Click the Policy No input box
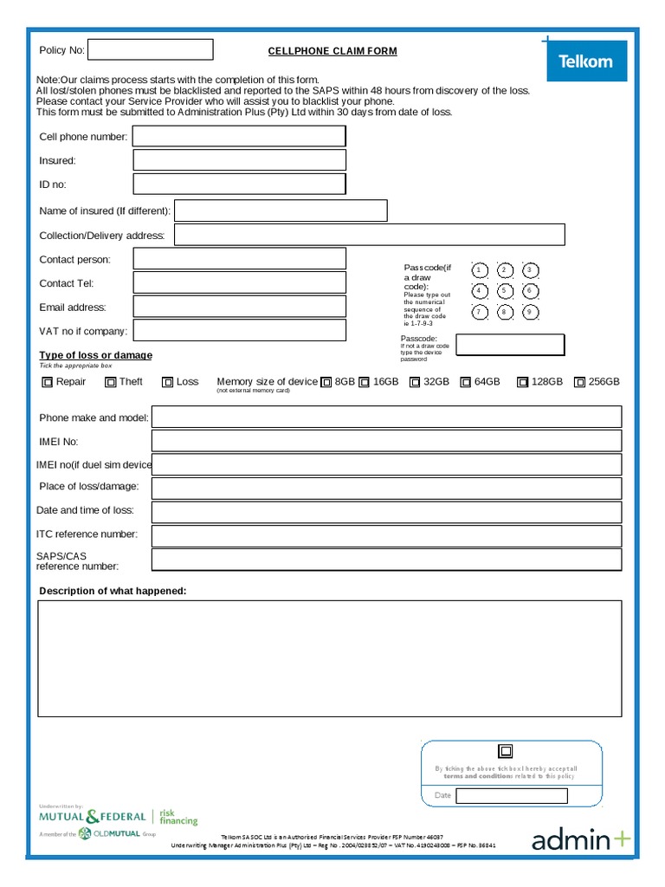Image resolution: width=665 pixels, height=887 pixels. [x=151, y=49]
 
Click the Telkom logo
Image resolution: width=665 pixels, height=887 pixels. [x=585, y=62]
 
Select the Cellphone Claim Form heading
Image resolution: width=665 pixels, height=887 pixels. [x=332, y=51]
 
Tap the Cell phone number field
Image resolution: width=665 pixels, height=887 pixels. [x=239, y=136]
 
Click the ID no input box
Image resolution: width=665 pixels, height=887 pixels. [x=239, y=184]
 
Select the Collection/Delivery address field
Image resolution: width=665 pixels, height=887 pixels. [x=370, y=235]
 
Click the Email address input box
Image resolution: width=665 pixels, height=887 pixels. [x=239, y=307]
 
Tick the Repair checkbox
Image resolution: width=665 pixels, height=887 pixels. [x=48, y=382]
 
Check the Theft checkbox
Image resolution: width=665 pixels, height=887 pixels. [x=111, y=382]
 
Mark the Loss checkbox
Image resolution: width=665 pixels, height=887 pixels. [x=168, y=382]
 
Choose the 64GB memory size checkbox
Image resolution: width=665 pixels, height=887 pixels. [x=466, y=382]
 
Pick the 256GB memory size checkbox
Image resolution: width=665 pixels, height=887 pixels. [x=579, y=382]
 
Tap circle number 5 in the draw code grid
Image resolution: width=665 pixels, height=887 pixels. [x=506, y=291]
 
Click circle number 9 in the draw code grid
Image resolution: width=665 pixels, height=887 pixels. [x=531, y=313]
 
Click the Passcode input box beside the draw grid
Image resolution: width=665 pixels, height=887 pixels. [x=510, y=345]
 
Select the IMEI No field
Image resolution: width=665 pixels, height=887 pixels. [x=386, y=441]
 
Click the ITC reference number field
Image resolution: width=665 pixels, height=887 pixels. [x=386, y=535]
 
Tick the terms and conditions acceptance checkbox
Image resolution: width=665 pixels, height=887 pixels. [x=506, y=751]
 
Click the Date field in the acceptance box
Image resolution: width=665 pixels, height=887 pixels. [x=512, y=796]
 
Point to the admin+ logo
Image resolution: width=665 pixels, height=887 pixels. [x=581, y=839]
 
